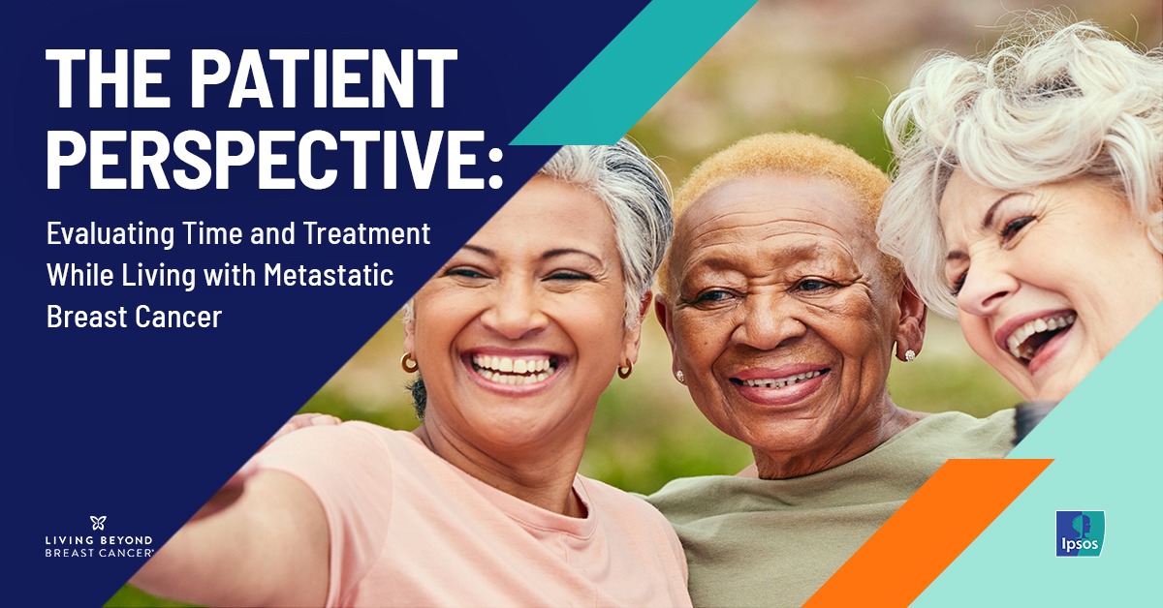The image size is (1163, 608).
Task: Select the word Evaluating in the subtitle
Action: pyautogui.click(x=110, y=234)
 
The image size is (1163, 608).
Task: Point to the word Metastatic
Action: pyautogui.click(x=329, y=275)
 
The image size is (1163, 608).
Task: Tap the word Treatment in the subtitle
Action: pyautogui.click(x=367, y=233)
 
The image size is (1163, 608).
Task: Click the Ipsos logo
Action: pyautogui.click(x=1080, y=533)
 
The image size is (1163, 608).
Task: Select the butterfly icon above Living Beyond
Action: pyautogui.click(x=98, y=523)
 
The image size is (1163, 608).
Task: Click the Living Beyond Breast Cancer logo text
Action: pyautogui.click(x=99, y=547)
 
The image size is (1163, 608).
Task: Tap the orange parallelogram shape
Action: pyautogui.click(x=927, y=533)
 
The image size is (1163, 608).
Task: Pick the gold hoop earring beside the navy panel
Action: pyautogui.click(x=409, y=363)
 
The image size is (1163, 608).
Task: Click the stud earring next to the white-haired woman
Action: pyautogui.click(x=910, y=355)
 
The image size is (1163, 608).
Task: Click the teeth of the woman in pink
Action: pyautogui.click(x=513, y=368)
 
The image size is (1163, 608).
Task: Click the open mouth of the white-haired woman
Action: pyautogui.click(x=1041, y=337)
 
